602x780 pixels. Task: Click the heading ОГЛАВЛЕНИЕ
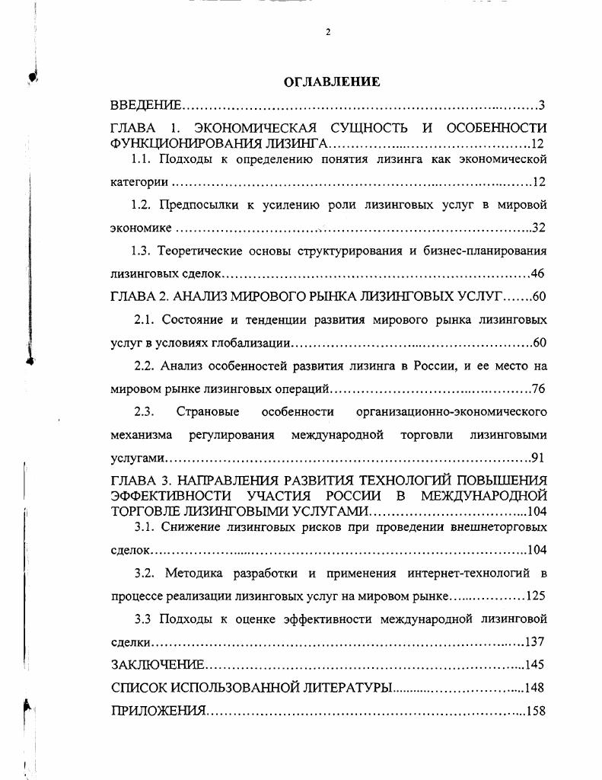pos(331,81)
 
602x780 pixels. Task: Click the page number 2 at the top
pos(328,31)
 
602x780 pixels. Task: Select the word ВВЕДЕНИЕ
pos(145,105)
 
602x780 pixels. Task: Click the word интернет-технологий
pos(470,572)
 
